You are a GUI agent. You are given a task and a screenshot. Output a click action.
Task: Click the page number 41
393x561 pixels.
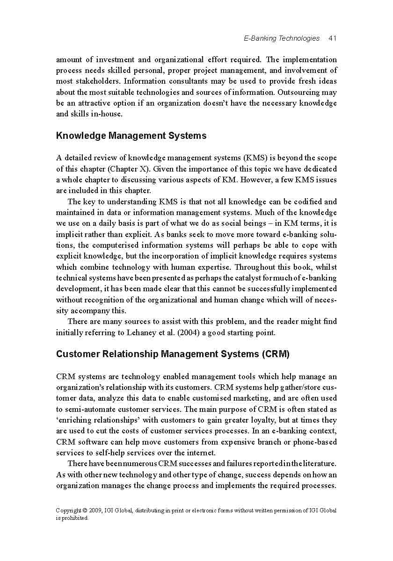click(333, 38)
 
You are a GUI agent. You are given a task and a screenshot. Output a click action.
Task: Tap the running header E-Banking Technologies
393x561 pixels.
click(282, 38)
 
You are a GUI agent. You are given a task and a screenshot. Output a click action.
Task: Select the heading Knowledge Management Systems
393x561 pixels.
click(131, 136)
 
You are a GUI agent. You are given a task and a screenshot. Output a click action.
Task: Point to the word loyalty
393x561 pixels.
click(257, 420)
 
